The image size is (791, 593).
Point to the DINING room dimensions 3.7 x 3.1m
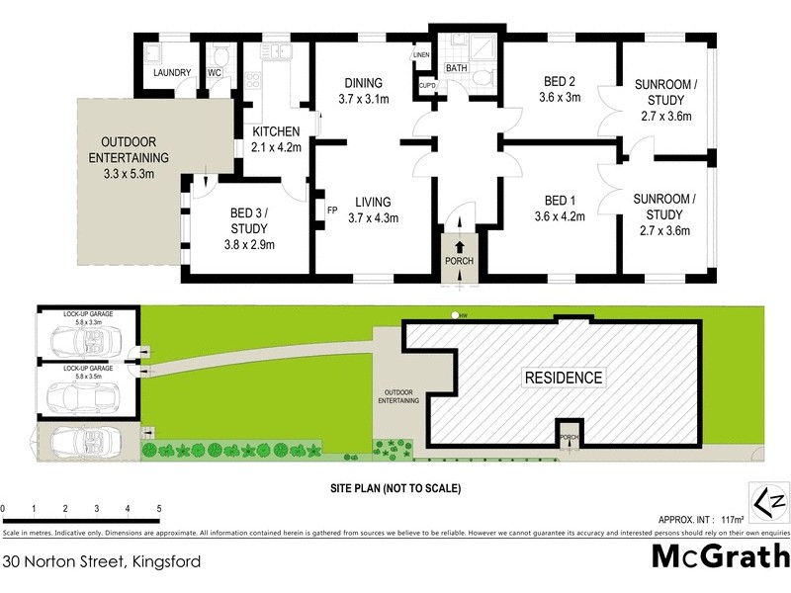pyautogui.click(x=364, y=99)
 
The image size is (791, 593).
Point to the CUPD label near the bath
pyautogui.click(x=427, y=86)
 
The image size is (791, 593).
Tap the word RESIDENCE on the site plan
pyautogui.click(x=562, y=378)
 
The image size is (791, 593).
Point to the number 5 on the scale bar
pyautogui.click(x=158, y=509)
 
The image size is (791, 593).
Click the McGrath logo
pyautogui.click(x=719, y=557)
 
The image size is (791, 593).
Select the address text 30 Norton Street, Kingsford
pyautogui.click(x=102, y=562)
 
